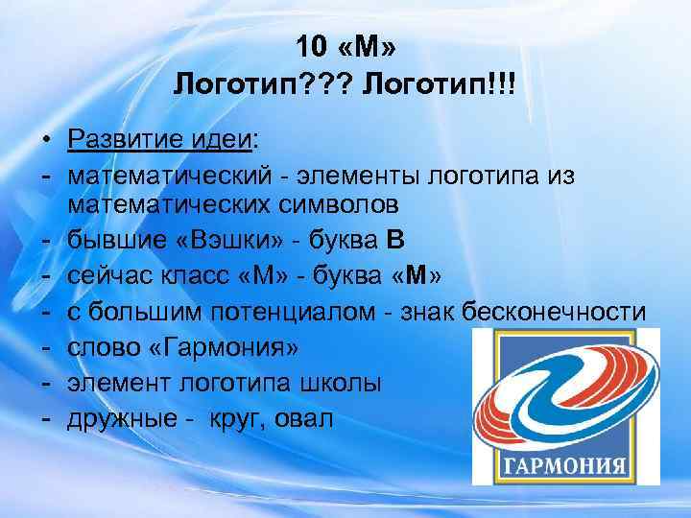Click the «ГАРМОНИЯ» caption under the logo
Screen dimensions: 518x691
pos(563,470)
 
